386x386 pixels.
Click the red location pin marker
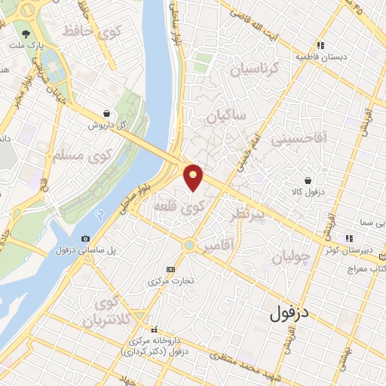coord(194,176)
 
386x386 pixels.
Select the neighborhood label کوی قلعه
coord(173,205)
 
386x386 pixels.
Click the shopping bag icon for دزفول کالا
coord(308,180)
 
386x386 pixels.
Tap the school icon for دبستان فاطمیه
coord(321,45)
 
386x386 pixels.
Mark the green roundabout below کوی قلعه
coord(188,245)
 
